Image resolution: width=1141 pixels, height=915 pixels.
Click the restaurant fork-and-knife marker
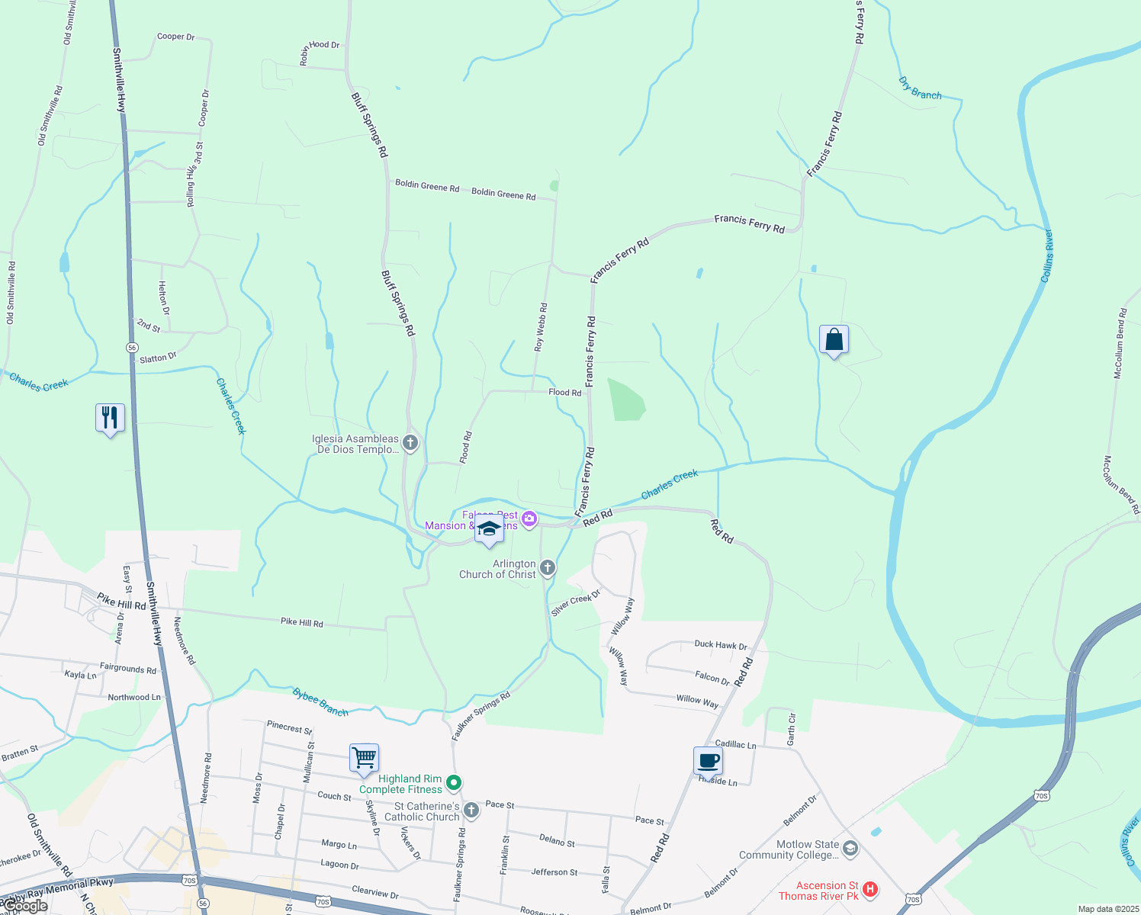tap(111, 418)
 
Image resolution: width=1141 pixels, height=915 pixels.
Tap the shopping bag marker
tap(834, 339)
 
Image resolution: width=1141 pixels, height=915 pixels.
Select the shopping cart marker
tap(365, 759)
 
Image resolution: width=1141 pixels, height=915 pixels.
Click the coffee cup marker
tap(708, 760)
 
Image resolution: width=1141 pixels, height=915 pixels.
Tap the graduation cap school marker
tap(489, 530)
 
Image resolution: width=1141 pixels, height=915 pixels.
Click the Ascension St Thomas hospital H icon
tap(870, 889)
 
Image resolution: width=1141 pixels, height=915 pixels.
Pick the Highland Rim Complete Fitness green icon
tap(454, 783)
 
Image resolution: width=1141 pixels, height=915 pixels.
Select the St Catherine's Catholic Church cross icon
tap(471, 810)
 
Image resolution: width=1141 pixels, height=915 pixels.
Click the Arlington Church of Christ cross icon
tap(547, 568)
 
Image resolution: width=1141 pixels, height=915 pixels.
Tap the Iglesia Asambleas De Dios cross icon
tap(410, 442)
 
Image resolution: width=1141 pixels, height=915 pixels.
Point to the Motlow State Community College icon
tap(850, 848)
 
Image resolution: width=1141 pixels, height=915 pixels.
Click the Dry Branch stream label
tap(920, 89)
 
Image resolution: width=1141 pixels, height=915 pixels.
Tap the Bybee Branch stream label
tap(320, 702)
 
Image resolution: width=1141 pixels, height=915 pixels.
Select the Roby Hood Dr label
tap(320, 51)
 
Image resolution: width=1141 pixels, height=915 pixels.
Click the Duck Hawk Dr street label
tap(721, 645)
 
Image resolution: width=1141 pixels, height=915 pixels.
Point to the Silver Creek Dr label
tap(576, 602)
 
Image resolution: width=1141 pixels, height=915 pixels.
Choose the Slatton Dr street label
tap(158, 358)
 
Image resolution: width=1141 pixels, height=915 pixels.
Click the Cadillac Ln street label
tap(735, 744)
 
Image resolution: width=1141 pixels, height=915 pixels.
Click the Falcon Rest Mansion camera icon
tap(529, 519)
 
